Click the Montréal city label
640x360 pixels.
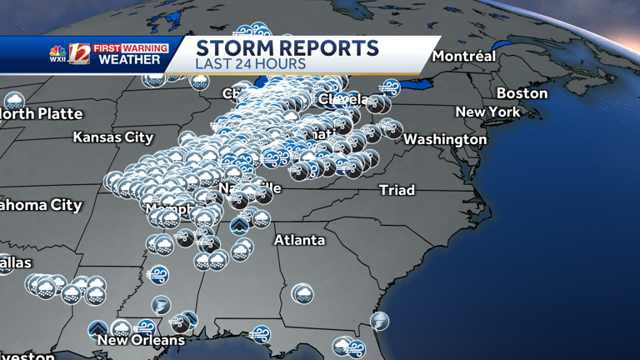pos(463,57)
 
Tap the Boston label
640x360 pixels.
pos(522,93)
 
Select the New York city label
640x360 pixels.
pos(487,112)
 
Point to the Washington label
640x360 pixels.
pos(445,139)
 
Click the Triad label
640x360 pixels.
pos(397,190)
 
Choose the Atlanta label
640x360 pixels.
pos(300,240)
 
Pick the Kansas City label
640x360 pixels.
pos(113,137)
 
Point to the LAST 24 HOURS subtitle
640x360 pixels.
pos(250,64)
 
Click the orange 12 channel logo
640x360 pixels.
pos(79,53)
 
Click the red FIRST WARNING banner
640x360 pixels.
pos(130,48)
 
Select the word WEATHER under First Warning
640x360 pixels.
pos(130,60)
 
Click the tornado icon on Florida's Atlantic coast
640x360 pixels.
pos(379,321)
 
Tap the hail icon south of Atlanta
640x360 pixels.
pos(302,293)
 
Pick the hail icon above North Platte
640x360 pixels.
pos(14,102)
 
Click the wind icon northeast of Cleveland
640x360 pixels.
pos(389,87)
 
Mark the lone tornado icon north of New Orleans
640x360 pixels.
pos(161,305)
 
